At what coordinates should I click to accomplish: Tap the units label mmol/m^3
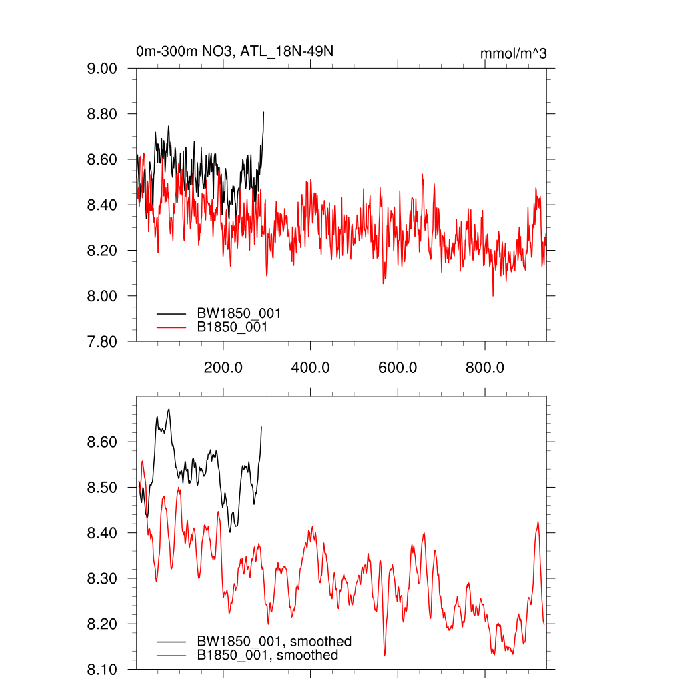click(513, 53)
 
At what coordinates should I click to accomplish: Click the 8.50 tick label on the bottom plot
click(102, 488)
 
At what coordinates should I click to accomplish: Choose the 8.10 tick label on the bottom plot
click(102, 669)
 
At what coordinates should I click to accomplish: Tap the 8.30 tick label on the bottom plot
click(102, 578)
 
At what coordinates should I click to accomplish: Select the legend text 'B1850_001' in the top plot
click(232, 327)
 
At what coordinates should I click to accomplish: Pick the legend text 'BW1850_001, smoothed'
click(273, 642)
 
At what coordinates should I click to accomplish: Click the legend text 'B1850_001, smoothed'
click(267, 656)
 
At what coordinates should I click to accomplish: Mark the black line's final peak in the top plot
click(263, 112)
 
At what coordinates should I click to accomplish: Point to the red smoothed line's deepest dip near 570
click(384, 656)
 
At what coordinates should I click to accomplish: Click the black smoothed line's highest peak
click(169, 409)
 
